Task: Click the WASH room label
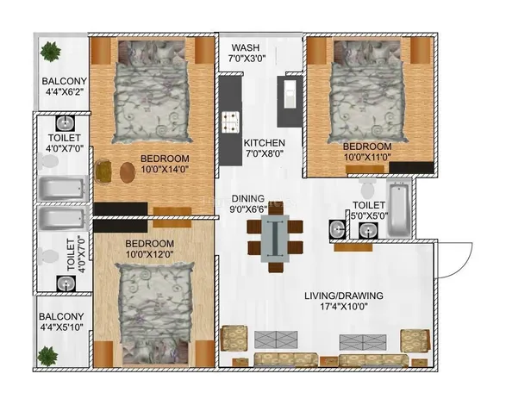[x=246, y=47]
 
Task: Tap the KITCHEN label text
[x=264, y=143]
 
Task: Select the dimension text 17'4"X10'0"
[x=344, y=306]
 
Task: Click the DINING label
[x=248, y=198]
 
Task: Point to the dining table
[x=275, y=238]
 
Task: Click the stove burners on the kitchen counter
[x=230, y=121]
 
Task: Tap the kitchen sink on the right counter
[x=289, y=94]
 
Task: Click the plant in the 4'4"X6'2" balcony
[x=50, y=52]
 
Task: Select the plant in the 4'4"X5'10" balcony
[x=47, y=356]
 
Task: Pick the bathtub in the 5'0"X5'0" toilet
[x=398, y=209]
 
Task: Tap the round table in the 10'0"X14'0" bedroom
[x=128, y=172]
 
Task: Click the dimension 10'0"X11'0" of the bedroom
[x=367, y=157]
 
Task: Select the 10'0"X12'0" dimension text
[x=150, y=254]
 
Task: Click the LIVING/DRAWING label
[x=344, y=296]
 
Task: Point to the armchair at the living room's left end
[x=234, y=338]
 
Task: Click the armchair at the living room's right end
[x=415, y=340]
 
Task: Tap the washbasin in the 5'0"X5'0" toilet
[x=369, y=230]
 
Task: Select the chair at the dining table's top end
[x=276, y=209]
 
